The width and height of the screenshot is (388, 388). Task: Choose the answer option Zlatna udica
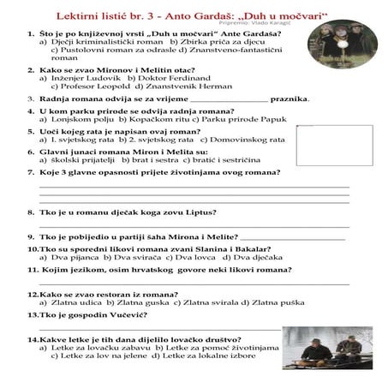82,301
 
